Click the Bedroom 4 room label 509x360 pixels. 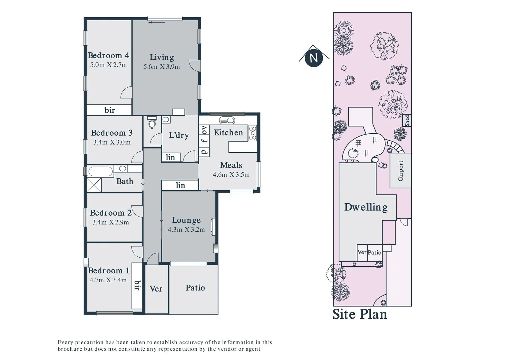tap(108, 55)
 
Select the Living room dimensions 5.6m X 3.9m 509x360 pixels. tap(162, 67)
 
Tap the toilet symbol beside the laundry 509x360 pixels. tap(152, 123)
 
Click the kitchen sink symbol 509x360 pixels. tap(227, 120)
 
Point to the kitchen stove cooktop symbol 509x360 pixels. tap(253, 133)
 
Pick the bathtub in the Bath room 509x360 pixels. tap(100, 172)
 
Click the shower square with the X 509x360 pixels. tap(94, 185)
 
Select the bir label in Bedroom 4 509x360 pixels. tap(110, 110)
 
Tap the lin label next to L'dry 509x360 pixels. tap(170, 157)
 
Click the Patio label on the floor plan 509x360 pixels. tap(195, 288)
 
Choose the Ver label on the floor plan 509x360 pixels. tap(156, 289)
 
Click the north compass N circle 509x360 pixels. tap(313, 58)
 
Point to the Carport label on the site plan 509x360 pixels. tap(400, 171)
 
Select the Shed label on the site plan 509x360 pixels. tap(407, 120)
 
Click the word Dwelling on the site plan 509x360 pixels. tap(366, 207)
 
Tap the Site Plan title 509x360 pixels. tap(360, 314)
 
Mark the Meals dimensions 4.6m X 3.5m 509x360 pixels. tap(231, 175)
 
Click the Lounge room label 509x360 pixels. tap(186, 220)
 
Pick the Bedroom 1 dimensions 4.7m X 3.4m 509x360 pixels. tap(108, 280)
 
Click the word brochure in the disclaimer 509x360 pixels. tap(70, 349)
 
